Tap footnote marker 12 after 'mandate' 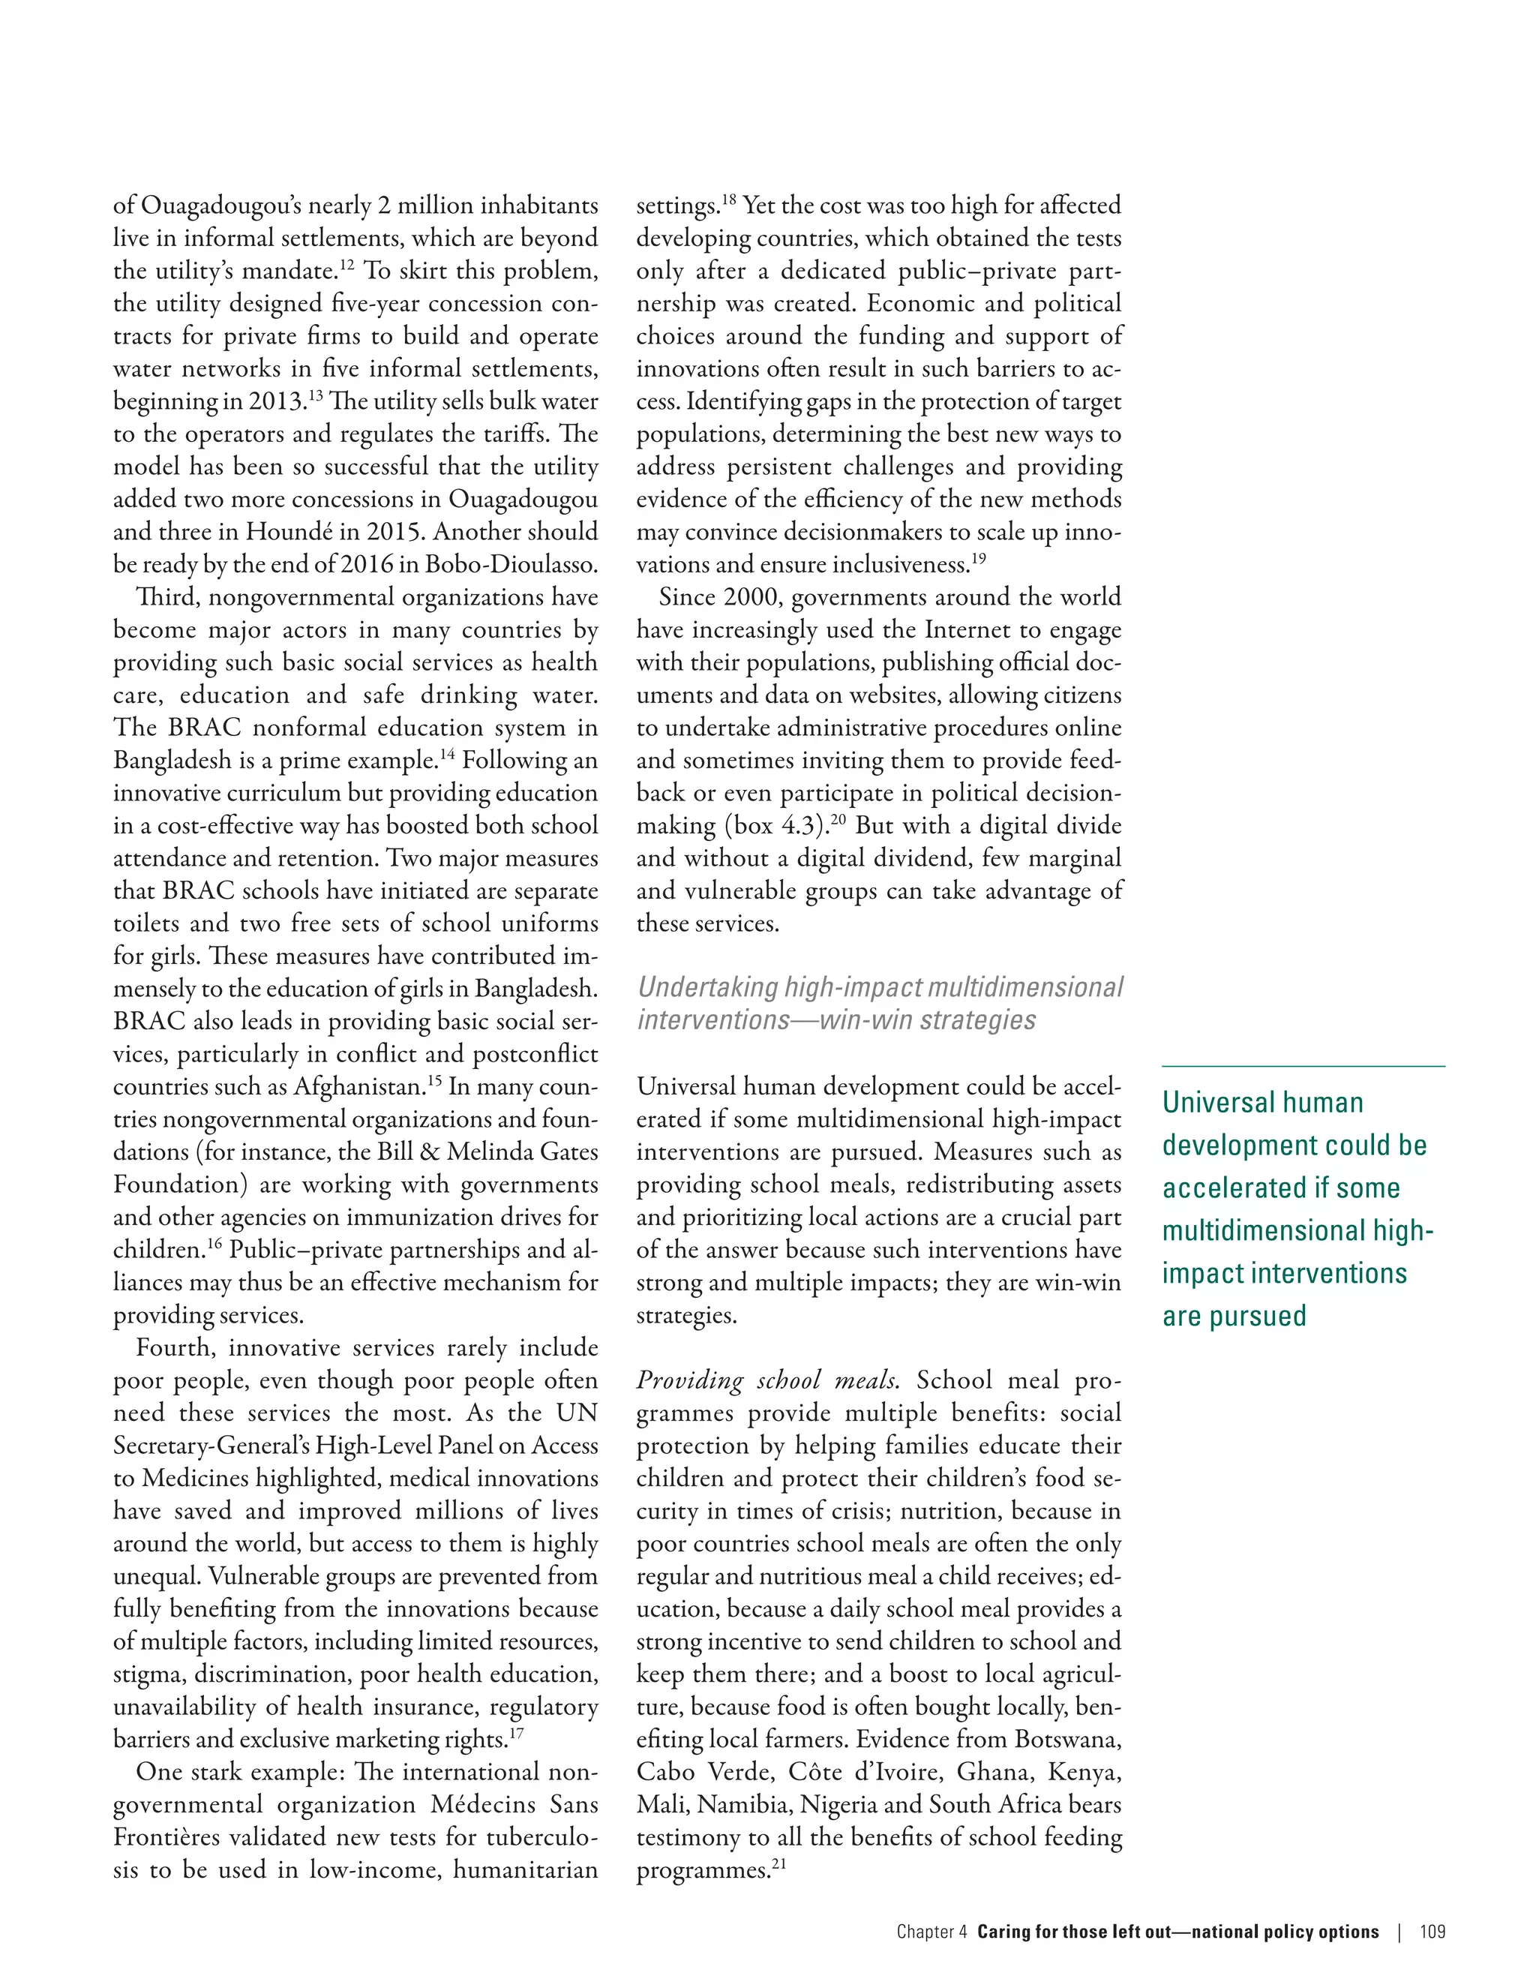[346, 264]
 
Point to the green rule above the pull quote [1303, 1066]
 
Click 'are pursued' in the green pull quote [1234, 1317]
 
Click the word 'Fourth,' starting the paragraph [175, 1348]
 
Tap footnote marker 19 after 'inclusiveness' [978, 558]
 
